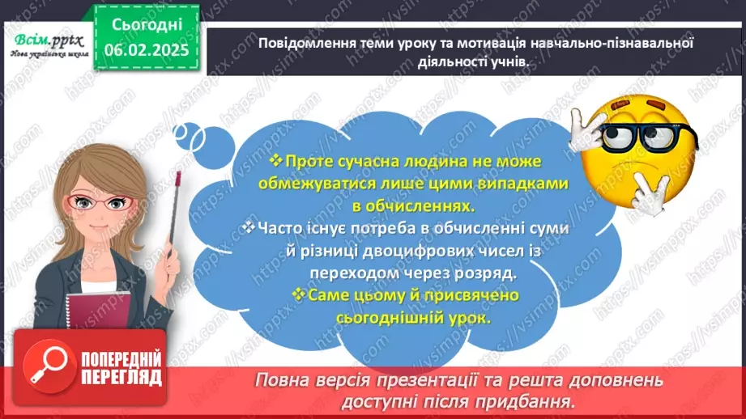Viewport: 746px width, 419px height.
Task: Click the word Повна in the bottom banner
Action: click(x=284, y=380)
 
